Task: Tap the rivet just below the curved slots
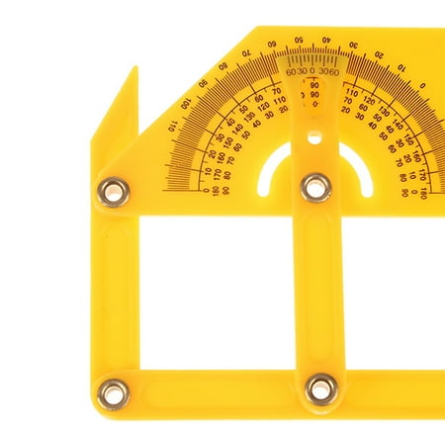click(x=315, y=185)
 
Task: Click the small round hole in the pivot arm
click(x=314, y=138)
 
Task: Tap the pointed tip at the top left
click(x=133, y=72)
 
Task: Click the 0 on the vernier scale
click(x=312, y=72)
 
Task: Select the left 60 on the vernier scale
click(x=291, y=73)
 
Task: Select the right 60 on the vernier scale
click(x=334, y=72)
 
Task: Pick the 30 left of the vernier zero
click(x=303, y=73)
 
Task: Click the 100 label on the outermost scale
click(x=185, y=103)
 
